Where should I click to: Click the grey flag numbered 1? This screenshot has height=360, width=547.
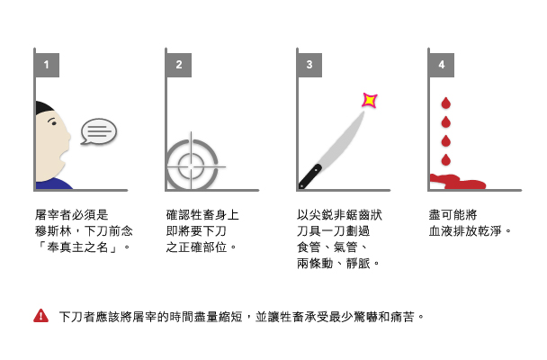(47, 65)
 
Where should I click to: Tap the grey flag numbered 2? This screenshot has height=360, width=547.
(179, 65)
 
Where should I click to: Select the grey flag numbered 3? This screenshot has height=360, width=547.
(309, 65)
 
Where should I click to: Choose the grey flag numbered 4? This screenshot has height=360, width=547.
(442, 65)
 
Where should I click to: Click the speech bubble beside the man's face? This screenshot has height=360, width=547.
(99, 131)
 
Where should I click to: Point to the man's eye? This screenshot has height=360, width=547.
(53, 121)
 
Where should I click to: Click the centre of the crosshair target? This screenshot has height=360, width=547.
(191, 166)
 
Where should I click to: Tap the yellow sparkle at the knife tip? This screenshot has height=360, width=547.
(370, 101)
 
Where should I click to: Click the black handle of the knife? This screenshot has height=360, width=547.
(309, 176)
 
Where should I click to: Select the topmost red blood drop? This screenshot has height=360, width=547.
(446, 103)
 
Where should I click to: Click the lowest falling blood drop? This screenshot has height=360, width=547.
(446, 160)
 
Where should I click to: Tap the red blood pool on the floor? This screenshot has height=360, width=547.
(457, 182)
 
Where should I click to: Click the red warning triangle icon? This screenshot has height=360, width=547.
(40, 316)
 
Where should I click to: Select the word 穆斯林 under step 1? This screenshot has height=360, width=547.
(53, 231)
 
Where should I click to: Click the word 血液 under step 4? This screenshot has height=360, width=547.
(441, 231)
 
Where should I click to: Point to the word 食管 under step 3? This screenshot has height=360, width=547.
(309, 247)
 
